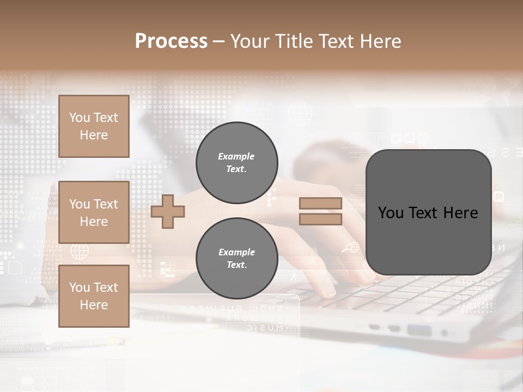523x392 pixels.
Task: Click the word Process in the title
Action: (x=171, y=41)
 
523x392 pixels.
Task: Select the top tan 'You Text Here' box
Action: (x=94, y=126)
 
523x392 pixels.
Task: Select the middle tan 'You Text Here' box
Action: (x=94, y=212)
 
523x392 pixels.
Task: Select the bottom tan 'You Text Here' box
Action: (x=94, y=296)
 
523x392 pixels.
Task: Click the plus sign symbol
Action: (x=168, y=211)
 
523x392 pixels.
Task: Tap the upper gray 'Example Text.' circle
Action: (x=237, y=163)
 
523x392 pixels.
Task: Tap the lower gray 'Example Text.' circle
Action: (x=237, y=259)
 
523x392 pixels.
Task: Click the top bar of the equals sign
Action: (x=320, y=204)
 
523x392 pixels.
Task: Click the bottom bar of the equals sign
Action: (x=320, y=219)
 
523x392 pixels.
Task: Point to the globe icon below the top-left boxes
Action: (x=80, y=251)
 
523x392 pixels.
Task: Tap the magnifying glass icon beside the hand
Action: (x=347, y=248)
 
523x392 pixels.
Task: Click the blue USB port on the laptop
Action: (x=419, y=329)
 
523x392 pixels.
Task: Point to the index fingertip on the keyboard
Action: (x=327, y=292)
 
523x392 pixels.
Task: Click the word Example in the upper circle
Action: (x=236, y=156)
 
